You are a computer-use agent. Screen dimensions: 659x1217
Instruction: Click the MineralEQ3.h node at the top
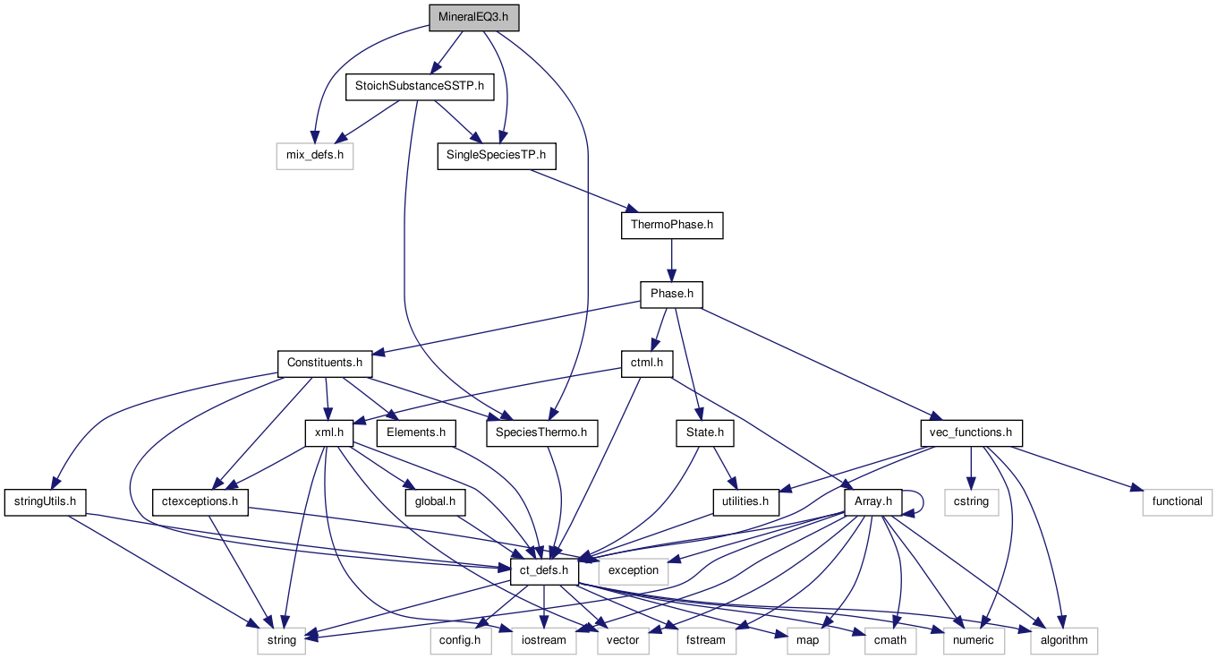474,18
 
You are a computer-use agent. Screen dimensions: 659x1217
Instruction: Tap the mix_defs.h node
314,157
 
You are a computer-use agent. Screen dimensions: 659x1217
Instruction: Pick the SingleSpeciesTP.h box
497,157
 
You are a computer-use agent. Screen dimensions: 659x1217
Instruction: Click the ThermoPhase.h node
671,226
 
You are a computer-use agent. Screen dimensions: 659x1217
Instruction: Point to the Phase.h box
671,294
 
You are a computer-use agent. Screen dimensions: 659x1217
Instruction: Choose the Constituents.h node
324,363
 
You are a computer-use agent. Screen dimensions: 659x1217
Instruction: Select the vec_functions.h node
971,432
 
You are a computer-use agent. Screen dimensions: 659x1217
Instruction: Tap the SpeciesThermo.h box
541,432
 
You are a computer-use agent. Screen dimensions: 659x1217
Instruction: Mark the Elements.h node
416,432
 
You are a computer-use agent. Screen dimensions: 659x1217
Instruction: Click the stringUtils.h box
45,501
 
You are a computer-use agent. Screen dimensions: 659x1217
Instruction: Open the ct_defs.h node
544,570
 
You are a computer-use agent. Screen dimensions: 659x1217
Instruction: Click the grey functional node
1177,501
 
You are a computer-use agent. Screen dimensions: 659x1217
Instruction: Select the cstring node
971,501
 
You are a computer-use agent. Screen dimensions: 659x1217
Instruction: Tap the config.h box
460,639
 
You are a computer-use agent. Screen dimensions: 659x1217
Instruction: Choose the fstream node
706,639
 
